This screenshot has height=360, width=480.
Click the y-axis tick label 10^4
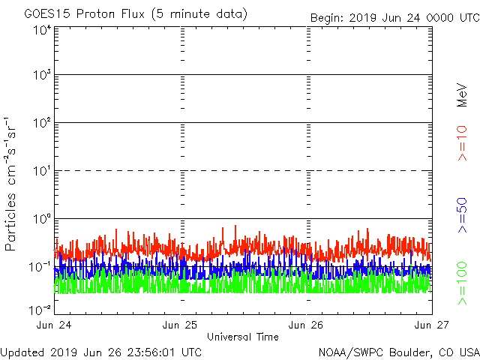point(41,30)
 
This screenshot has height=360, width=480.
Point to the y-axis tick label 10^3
point(41,76)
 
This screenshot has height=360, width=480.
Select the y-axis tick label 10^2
point(41,123)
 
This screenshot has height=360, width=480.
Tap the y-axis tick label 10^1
point(41,171)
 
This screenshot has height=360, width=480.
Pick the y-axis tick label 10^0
point(41,219)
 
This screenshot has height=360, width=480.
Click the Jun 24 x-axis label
point(55,325)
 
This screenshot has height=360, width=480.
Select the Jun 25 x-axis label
point(181,325)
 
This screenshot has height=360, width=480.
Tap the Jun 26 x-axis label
point(307,325)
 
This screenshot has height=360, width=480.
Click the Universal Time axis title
point(242,337)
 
